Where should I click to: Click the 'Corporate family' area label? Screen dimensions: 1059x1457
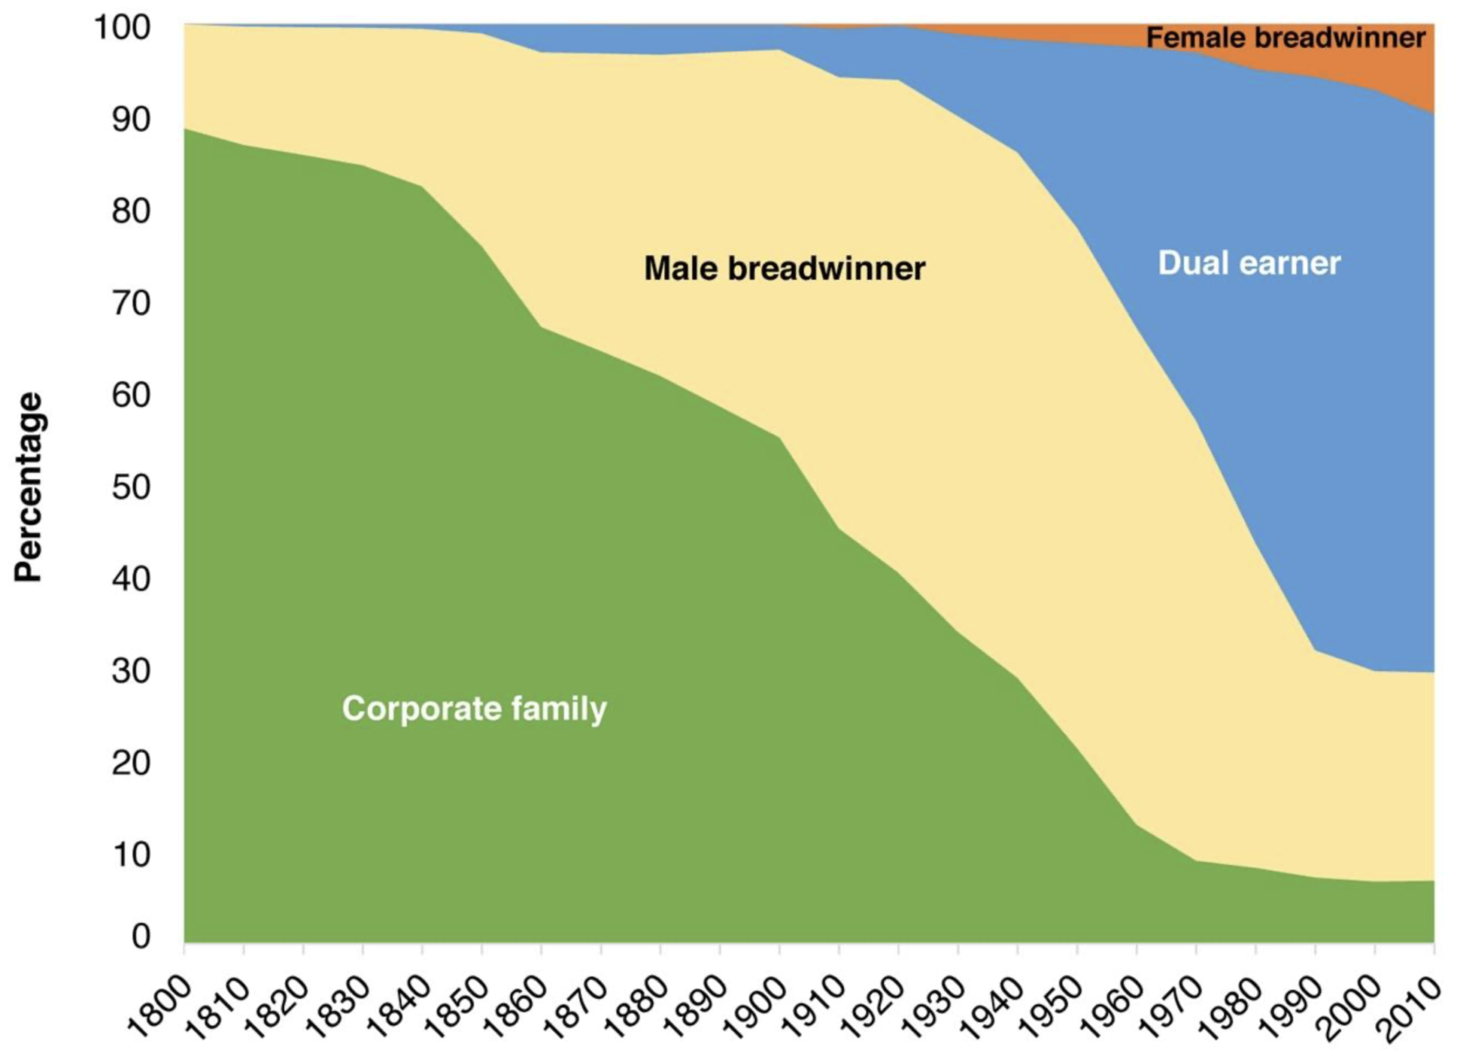click(474, 708)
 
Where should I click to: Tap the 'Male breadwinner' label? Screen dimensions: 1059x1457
click(785, 268)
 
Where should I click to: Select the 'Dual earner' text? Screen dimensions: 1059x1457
click(1249, 263)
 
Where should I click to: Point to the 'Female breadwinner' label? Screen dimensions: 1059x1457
click(1285, 37)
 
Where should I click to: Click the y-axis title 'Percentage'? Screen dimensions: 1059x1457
click(29, 487)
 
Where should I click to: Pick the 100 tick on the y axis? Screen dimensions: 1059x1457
click(121, 28)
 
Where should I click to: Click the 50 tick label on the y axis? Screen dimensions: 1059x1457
click(131, 487)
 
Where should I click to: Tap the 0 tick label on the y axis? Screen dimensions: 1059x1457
click(141, 936)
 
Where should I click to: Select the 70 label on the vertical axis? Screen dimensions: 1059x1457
click(131, 303)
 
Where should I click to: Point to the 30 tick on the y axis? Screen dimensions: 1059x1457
click(131, 670)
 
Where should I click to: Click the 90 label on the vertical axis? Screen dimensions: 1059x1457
click(131, 119)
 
